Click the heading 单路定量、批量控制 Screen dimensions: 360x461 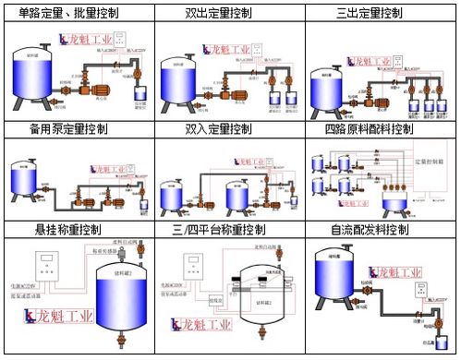coord(78,13)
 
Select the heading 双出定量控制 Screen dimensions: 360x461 coord(229,13)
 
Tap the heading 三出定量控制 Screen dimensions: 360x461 coord(381,13)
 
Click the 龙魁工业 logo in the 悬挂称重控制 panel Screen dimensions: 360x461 coord(57,319)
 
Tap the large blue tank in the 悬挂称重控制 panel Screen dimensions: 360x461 coord(116,305)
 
